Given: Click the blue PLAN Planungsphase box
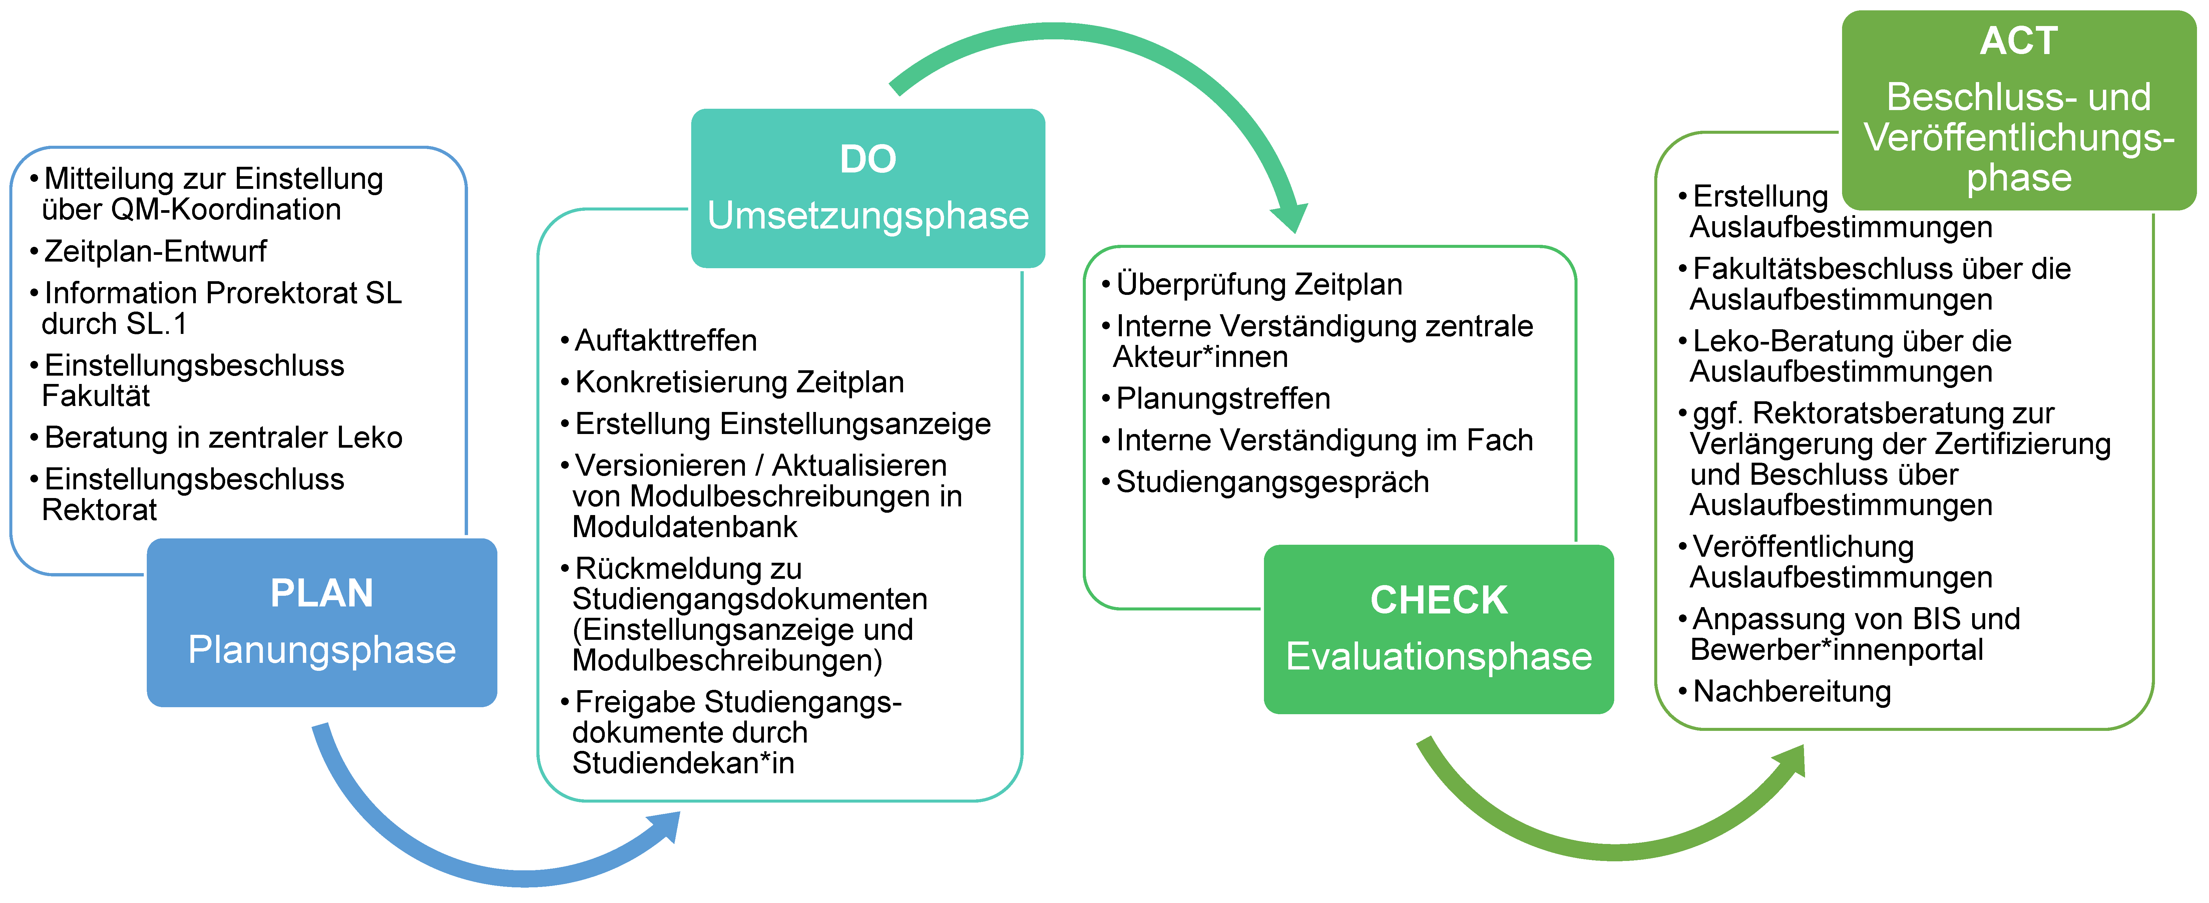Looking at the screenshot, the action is tap(322, 622).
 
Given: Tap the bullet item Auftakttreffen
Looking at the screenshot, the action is tap(658, 341).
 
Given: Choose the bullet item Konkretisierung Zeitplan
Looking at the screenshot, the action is tap(732, 382).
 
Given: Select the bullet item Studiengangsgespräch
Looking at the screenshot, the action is tap(1266, 482).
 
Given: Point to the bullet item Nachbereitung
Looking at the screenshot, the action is tap(1785, 691).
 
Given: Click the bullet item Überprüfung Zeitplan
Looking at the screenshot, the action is tap(1252, 284).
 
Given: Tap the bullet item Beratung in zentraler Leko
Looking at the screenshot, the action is tap(216, 437).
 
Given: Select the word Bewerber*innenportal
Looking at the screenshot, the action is tap(1837, 650).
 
